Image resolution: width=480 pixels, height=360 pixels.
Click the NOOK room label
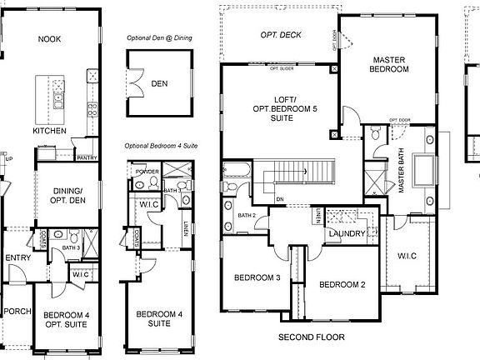pyautogui.click(x=51, y=39)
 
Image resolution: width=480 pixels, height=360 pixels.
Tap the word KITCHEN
pyautogui.click(x=49, y=131)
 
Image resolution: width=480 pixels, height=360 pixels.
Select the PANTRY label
pyautogui.click(x=87, y=157)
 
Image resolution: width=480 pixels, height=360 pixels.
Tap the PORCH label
pyautogui.click(x=16, y=312)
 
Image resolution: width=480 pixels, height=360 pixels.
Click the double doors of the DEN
pyautogui.click(x=130, y=83)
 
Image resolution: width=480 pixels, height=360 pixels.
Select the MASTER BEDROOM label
pyautogui.click(x=390, y=65)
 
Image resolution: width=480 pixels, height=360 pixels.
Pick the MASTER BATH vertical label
pyautogui.click(x=401, y=172)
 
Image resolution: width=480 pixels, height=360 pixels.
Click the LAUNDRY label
pyautogui.click(x=344, y=234)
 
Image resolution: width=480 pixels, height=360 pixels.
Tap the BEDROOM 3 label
pyautogui.click(x=257, y=277)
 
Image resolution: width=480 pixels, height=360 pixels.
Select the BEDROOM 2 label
pyautogui.click(x=342, y=284)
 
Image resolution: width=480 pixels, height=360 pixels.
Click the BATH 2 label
pyautogui.click(x=247, y=216)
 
